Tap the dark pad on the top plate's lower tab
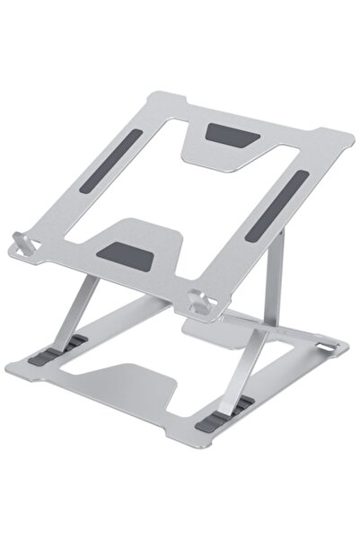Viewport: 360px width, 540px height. click(131, 253)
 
